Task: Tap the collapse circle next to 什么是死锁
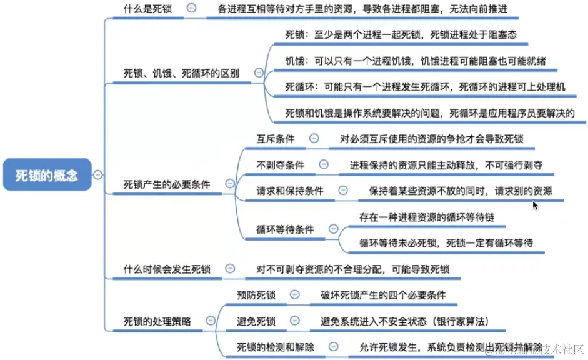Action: pos(191,9)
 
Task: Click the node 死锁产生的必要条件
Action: pos(167,184)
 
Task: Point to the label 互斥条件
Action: pos(276,138)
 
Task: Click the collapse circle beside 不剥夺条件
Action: pos(323,164)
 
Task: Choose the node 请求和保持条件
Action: pos(290,191)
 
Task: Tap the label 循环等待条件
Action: pos(285,229)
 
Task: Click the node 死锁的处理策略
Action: pos(157,321)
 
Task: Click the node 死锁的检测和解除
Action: pos(276,347)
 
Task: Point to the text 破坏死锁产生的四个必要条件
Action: pos(384,295)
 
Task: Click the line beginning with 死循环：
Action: pos(425,87)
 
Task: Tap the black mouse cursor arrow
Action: pos(534,204)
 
